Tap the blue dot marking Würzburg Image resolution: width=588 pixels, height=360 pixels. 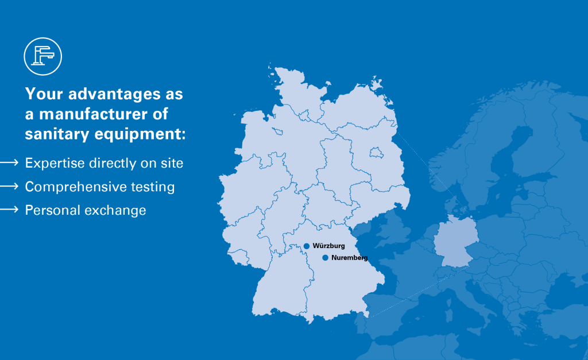[x=307, y=246]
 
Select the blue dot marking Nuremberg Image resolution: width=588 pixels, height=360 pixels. [x=325, y=258]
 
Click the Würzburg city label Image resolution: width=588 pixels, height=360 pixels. [x=329, y=246]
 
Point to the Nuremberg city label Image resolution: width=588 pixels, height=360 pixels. [x=349, y=258]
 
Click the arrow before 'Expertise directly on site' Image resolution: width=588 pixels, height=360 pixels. [x=10, y=163]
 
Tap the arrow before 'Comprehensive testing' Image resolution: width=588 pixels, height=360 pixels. [x=10, y=187]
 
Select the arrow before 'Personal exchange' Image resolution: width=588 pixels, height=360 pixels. [x=10, y=210]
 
